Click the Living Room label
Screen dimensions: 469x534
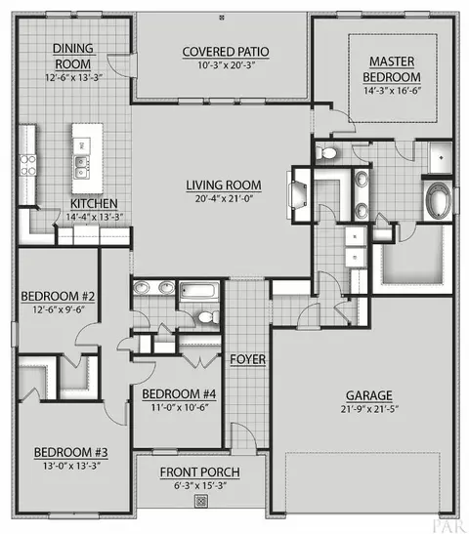tap(224, 185)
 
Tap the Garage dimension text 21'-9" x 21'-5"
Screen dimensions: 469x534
tap(369, 409)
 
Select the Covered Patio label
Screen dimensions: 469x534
tap(226, 52)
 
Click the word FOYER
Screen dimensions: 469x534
tap(248, 359)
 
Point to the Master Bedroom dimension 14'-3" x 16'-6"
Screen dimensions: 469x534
tap(393, 91)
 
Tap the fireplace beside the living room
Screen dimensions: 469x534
tap(298, 194)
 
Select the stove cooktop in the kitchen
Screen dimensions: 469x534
tap(27, 165)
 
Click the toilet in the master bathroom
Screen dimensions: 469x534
tap(325, 153)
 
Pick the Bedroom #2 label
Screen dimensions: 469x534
tap(58, 297)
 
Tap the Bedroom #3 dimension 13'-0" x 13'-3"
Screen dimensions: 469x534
tap(71, 466)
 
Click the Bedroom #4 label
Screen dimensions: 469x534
tap(179, 394)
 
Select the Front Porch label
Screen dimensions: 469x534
tap(200, 472)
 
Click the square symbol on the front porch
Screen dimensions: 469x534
tap(201, 501)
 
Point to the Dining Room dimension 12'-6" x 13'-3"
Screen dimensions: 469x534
tap(74, 78)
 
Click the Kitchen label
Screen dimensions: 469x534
tap(94, 204)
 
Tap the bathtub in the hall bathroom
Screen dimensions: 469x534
tap(199, 291)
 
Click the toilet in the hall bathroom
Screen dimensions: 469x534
tap(209, 317)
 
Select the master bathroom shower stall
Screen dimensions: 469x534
tap(441, 158)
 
